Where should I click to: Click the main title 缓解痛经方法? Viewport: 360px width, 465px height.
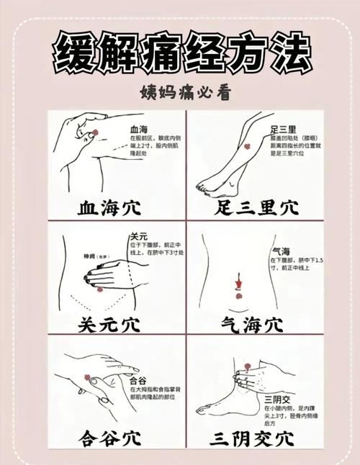click(x=180, y=51)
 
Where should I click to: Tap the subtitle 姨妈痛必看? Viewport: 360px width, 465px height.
click(x=180, y=94)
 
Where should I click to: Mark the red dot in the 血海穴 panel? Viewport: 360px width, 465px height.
click(x=94, y=131)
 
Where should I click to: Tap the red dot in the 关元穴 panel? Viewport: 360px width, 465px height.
click(x=100, y=289)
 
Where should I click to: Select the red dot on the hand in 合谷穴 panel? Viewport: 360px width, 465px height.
click(x=88, y=376)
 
